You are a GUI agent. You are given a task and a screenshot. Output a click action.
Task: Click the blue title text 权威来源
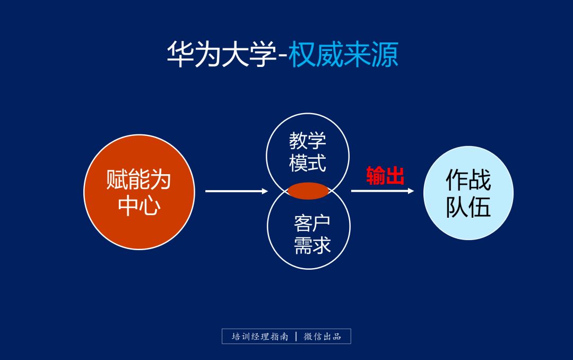pos(344,54)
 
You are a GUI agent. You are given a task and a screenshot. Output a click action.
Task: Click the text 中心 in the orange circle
pos(139,205)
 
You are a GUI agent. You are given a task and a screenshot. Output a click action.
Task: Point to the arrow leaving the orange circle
pos(236,191)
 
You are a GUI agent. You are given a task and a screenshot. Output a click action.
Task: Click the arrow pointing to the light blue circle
pos(382,191)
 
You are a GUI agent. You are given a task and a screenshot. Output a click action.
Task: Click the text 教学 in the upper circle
pos(308,141)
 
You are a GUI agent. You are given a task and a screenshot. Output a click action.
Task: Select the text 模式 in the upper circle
pos(308,163)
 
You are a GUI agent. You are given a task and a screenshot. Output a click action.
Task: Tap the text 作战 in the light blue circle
pos(468,181)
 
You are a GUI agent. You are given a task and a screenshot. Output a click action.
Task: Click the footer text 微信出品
pos(323,337)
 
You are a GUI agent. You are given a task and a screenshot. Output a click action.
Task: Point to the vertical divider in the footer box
pos(296,337)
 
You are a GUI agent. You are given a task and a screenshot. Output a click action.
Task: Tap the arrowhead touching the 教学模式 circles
pos(265,191)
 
